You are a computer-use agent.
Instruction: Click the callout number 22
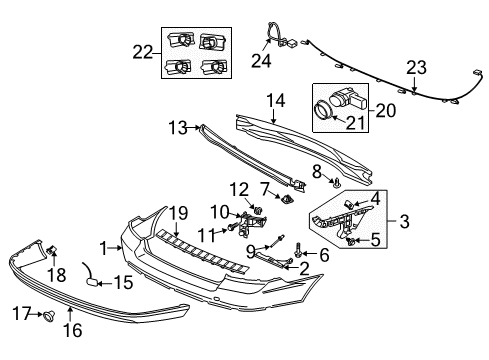pyautogui.click(x=143, y=52)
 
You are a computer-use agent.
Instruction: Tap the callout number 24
pyautogui.click(x=261, y=61)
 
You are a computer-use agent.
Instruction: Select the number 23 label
pyautogui.click(x=416, y=68)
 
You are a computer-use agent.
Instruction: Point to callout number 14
pyautogui.click(x=276, y=101)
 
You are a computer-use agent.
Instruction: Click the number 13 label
pyautogui.click(x=178, y=128)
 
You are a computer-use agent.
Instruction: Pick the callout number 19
pyautogui.click(x=179, y=213)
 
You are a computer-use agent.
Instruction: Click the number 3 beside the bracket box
pyautogui.click(x=404, y=221)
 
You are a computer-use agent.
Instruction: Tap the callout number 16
pyautogui.click(x=73, y=330)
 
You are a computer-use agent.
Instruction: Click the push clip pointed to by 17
pyautogui.click(x=49, y=315)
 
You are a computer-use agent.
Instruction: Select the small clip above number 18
pyautogui.click(x=51, y=250)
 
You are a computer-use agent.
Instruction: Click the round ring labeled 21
pyautogui.click(x=323, y=110)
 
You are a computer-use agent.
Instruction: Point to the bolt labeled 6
pyautogui.click(x=298, y=250)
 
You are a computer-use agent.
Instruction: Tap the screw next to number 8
pyautogui.click(x=337, y=183)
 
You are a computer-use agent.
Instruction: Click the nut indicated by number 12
pyautogui.click(x=258, y=210)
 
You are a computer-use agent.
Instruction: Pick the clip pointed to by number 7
pyautogui.click(x=287, y=199)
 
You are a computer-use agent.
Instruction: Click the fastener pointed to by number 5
pyautogui.click(x=350, y=241)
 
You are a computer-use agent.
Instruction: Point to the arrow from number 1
pyautogui.click(x=116, y=248)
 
